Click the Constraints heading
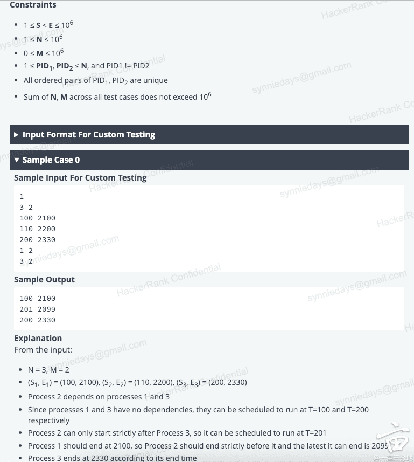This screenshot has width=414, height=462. tap(33, 5)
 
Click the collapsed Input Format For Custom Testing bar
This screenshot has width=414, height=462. tap(88, 135)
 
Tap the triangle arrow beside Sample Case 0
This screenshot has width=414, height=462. tap(17, 160)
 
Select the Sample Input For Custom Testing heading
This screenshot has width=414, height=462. tap(80, 177)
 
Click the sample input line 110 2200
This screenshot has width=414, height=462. tap(37, 229)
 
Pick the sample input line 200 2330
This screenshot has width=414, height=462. tap(37, 239)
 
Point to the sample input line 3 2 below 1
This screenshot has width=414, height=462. tap(26, 207)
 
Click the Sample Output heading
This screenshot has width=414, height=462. tap(44, 279)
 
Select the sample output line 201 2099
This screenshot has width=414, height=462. tap(37, 309)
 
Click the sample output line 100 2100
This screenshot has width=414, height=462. tap(37, 298)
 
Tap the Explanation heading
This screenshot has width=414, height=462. tap(38, 338)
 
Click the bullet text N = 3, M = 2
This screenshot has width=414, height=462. tap(48, 370)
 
